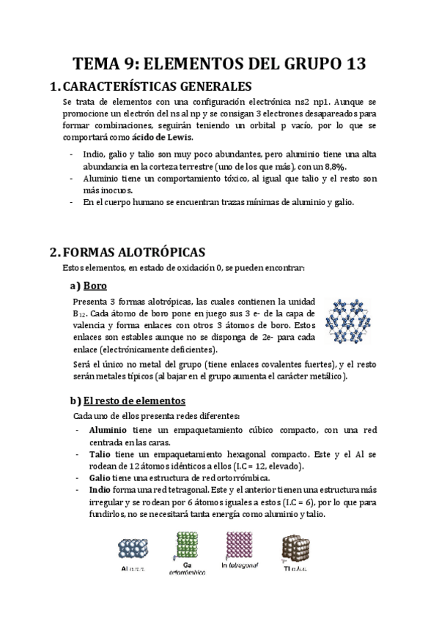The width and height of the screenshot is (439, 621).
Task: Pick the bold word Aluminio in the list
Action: pos(108,429)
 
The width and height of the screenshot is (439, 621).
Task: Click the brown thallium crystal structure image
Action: pos(295,548)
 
